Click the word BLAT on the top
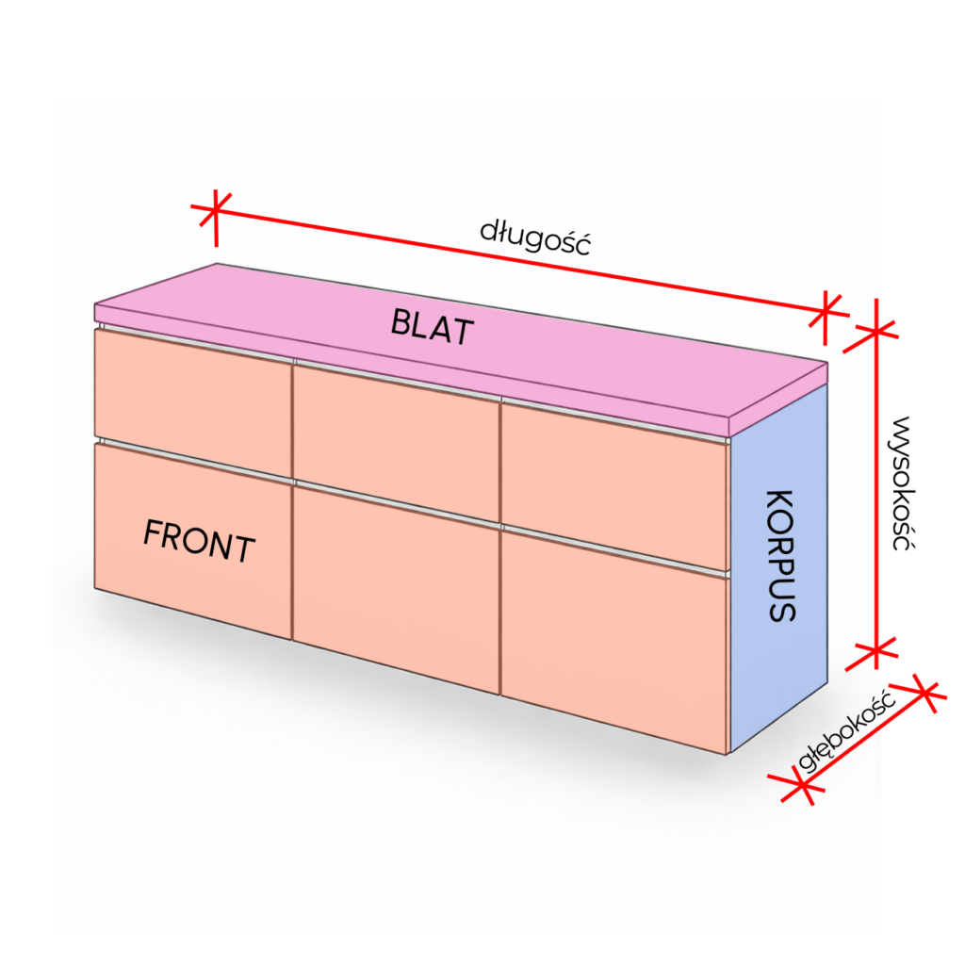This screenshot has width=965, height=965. [433, 326]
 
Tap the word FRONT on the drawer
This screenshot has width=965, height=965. [199, 540]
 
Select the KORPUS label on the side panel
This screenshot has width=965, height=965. [781, 556]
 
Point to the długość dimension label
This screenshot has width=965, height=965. [535, 237]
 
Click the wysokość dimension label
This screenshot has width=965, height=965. [902, 483]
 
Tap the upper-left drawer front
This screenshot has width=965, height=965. [192, 401]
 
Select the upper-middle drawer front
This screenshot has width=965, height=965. [397, 441]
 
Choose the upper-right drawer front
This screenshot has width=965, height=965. [614, 484]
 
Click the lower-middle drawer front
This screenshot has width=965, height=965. [397, 588]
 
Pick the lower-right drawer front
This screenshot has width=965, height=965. [614, 642]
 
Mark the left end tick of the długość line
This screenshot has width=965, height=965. [215, 210]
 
